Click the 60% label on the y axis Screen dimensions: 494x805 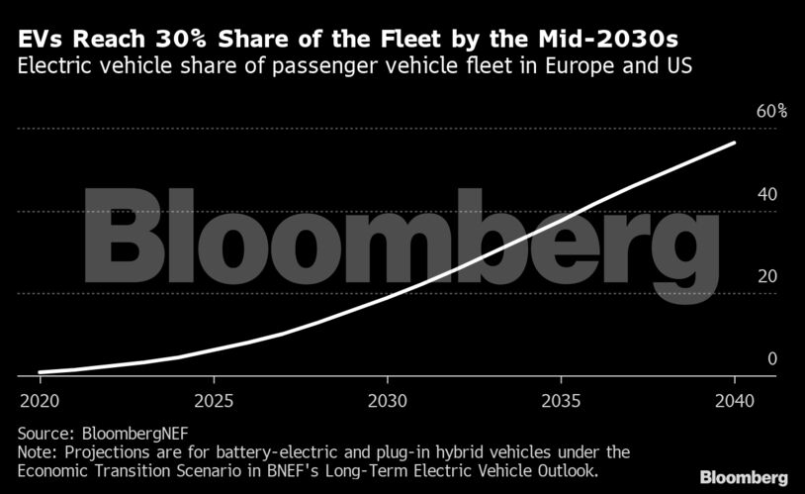click(x=771, y=111)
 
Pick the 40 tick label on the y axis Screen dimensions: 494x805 click(x=766, y=194)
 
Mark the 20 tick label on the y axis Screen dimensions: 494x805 click(x=766, y=276)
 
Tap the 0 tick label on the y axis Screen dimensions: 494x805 click(x=772, y=358)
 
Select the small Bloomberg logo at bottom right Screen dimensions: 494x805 click(x=744, y=477)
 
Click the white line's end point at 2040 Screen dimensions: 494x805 click(x=734, y=143)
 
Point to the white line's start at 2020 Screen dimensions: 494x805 click(x=40, y=372)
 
